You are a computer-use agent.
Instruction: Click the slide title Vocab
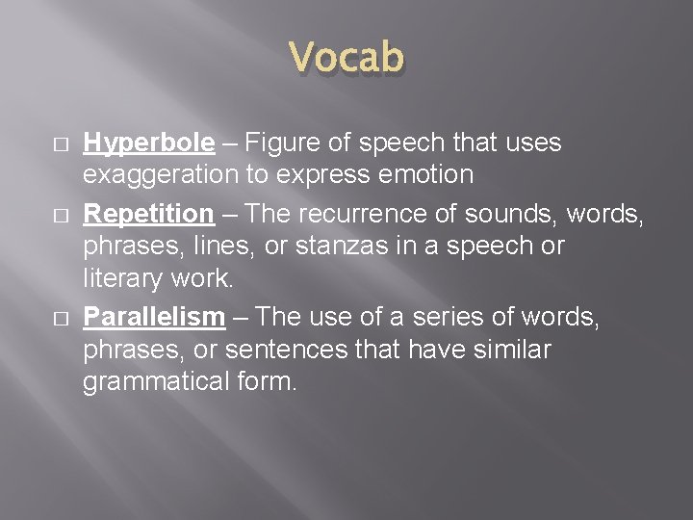[x=346, y=57]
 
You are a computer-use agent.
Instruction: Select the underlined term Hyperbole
[x=148, y=143]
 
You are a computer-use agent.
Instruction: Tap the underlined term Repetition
[x=148, y=213]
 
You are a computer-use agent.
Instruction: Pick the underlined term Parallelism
[x=153, y=317]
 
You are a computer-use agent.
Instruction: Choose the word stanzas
[x=347, y=246]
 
